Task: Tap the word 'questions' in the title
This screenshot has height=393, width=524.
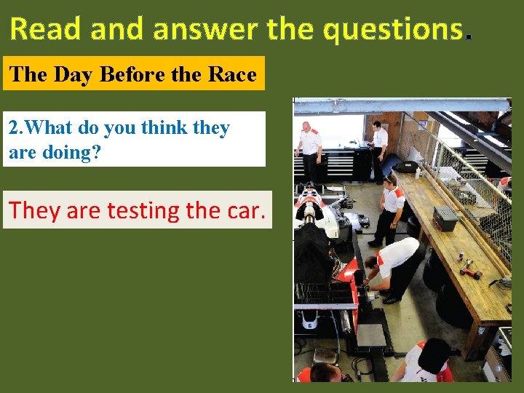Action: click(x=394, y=29)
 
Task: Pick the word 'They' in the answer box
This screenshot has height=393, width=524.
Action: click(x=36, y=210)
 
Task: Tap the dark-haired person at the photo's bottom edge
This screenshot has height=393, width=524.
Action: click(x=429, y=362)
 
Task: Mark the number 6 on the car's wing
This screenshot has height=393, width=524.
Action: click(x=310, y=326)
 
